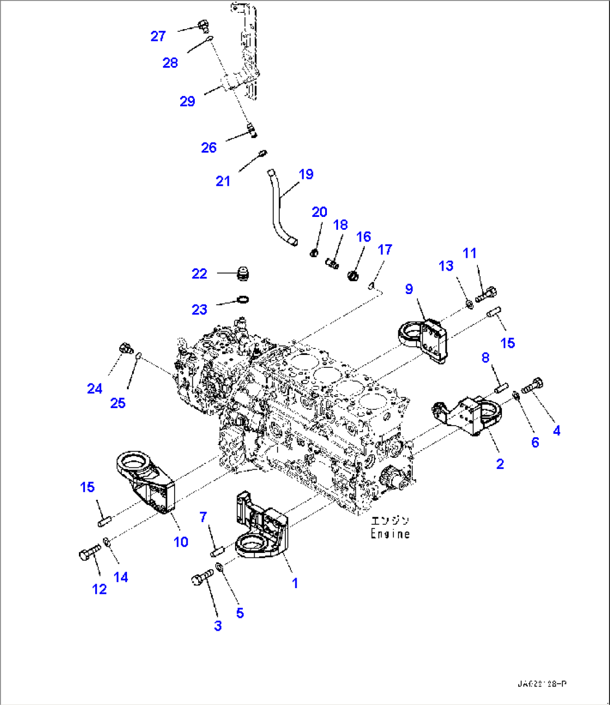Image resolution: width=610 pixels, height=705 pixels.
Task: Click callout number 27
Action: pos(158,36)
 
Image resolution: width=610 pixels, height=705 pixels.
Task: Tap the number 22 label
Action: pos(200,273)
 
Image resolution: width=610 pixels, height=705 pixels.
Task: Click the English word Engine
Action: pos(390,534)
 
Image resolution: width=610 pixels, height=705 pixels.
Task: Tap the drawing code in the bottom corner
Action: pos(541,684)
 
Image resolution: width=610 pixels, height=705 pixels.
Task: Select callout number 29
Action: pos(187,101)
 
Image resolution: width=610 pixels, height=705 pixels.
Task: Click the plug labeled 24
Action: pos(125,349)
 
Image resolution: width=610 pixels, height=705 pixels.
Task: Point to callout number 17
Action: pos(385,249)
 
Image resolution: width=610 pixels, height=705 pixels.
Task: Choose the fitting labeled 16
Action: pos(353,276)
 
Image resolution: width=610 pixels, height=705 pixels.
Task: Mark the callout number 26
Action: pos(209,148)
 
